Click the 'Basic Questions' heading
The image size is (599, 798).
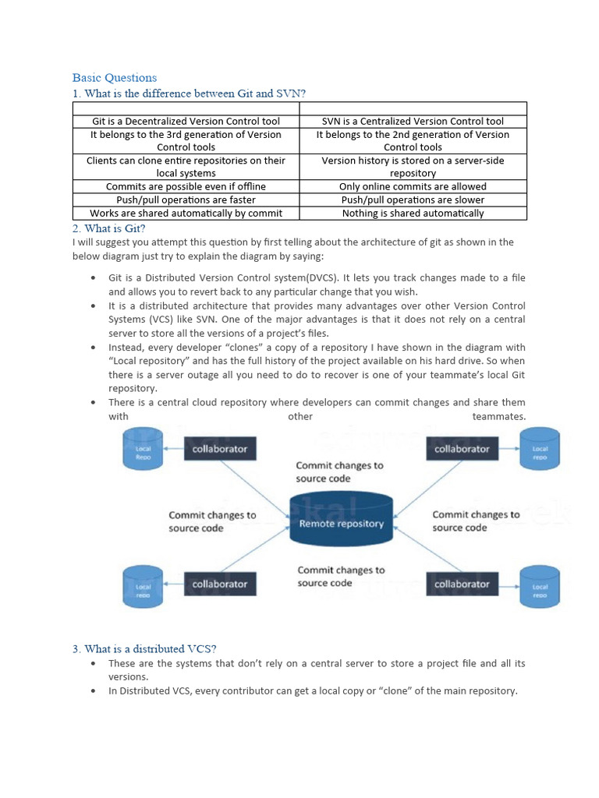[115, 77]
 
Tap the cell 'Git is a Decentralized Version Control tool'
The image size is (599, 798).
[186, 121]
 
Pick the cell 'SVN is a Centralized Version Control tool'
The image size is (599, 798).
[413, 121]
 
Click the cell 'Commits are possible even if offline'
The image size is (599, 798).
[186, 186]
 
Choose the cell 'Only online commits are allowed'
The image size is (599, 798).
[413, 186]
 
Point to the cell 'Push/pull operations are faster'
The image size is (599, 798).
[186, 199]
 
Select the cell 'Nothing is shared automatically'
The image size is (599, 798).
[413, 213]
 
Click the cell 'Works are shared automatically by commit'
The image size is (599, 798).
[186, 213]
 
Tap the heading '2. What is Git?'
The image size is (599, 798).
[109, 228]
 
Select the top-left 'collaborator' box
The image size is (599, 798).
[220, 449]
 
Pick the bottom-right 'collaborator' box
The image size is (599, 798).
[461, 584]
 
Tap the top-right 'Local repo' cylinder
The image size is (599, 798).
[540, 451]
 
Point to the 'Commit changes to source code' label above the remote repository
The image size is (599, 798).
[339, 471]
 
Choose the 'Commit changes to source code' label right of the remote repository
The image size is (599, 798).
[476, 521]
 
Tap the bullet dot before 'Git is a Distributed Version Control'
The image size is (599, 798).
[94, 278]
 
